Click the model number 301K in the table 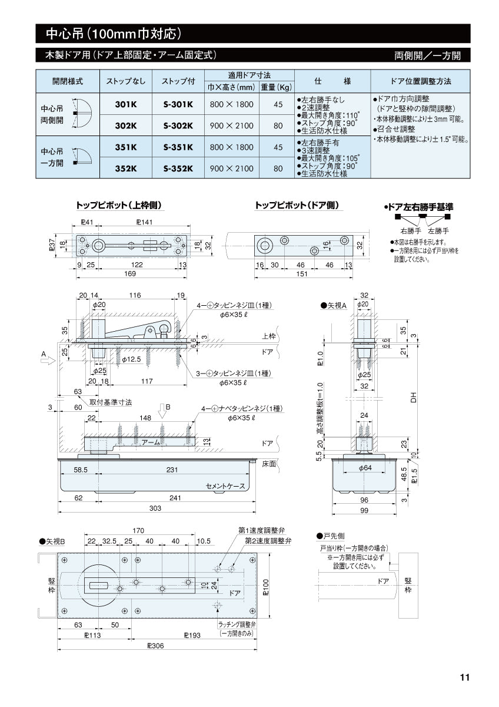pyautogui.click(x=126, y=105)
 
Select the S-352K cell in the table pyautogui.click(x=178, y=169)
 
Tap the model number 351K pyautogui.click(x=126, y=147)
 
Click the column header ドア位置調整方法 pyautogui.click(x=420, y=81)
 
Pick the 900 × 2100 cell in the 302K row pyautogui.click(x=232, y=125)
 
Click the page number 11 pyautogui.click(x=464, y=678)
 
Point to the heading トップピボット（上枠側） pyautogui.click(x=119, y=206)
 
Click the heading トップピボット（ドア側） pyautogui.click(x=297, y=206)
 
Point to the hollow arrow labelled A pyautogui.click(x=48, y=363)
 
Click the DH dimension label pyautogui.click(x=413, y=399)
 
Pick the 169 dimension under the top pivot pyautogui.click(x=130, y=274)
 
